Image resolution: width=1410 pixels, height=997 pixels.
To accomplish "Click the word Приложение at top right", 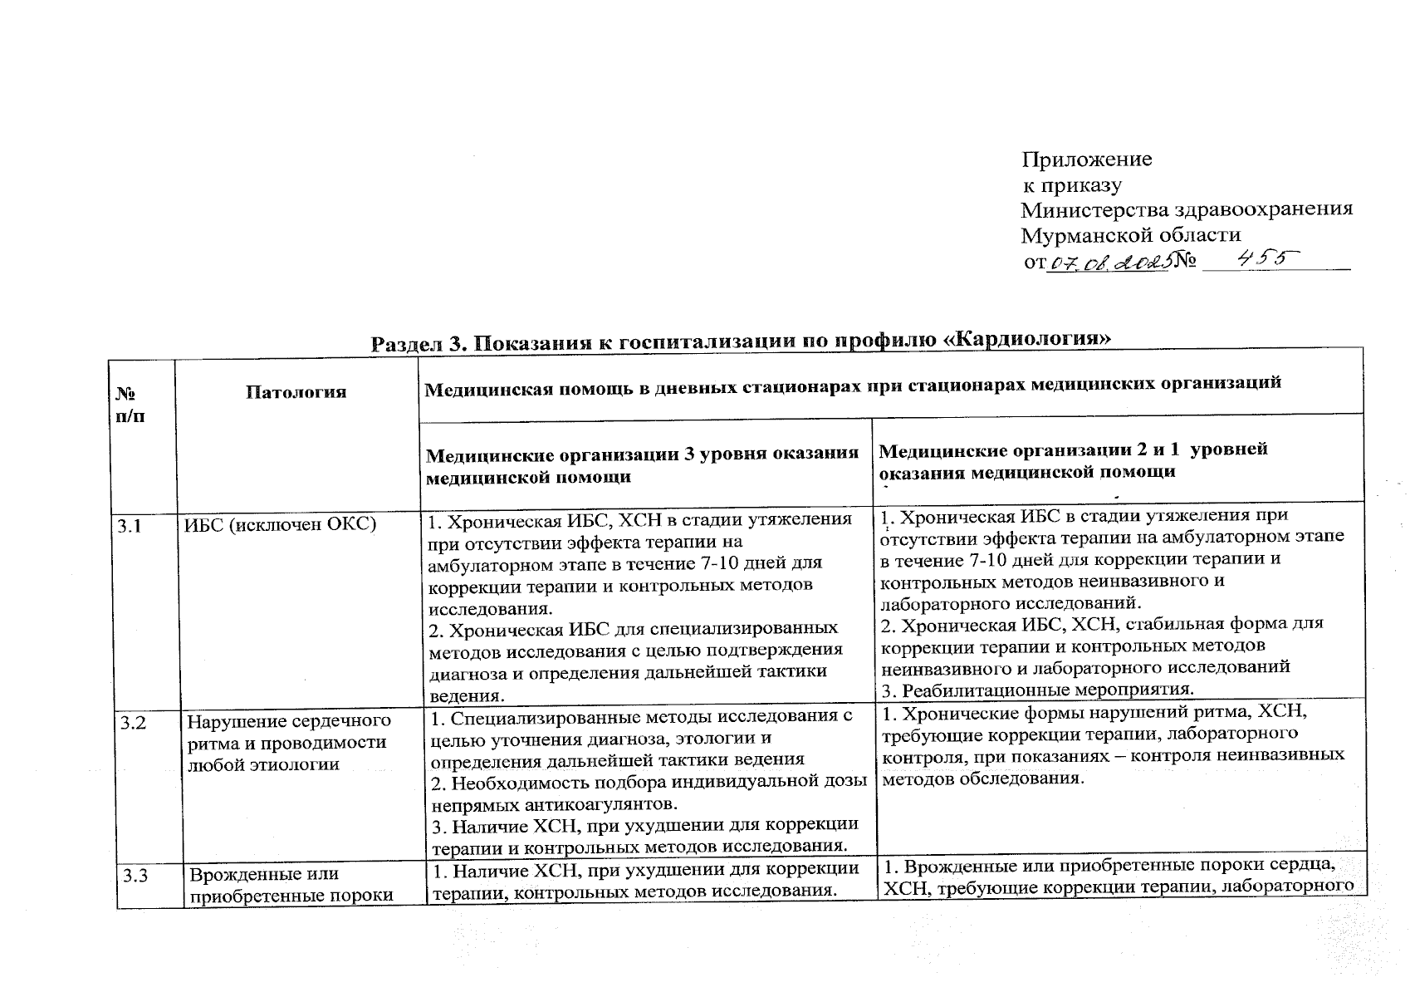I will (x=1086, y=159).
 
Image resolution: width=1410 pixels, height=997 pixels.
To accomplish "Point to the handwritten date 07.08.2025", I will (x=1109, y=263).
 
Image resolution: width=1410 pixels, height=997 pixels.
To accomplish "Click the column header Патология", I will (x=296, y=392).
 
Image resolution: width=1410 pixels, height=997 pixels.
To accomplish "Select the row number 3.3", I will (x=135, y=874).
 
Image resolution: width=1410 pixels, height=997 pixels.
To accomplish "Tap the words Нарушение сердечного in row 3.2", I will (x=288, y=721).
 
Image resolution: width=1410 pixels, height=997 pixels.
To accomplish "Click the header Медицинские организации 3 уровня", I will (x=641, y=454).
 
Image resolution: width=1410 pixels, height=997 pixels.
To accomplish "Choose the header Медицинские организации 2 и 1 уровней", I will (x=1072, y=450).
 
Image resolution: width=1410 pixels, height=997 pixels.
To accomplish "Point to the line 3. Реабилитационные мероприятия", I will (x=1038, y=690).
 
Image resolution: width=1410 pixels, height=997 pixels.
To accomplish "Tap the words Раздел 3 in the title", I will (x=419, y=343).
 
